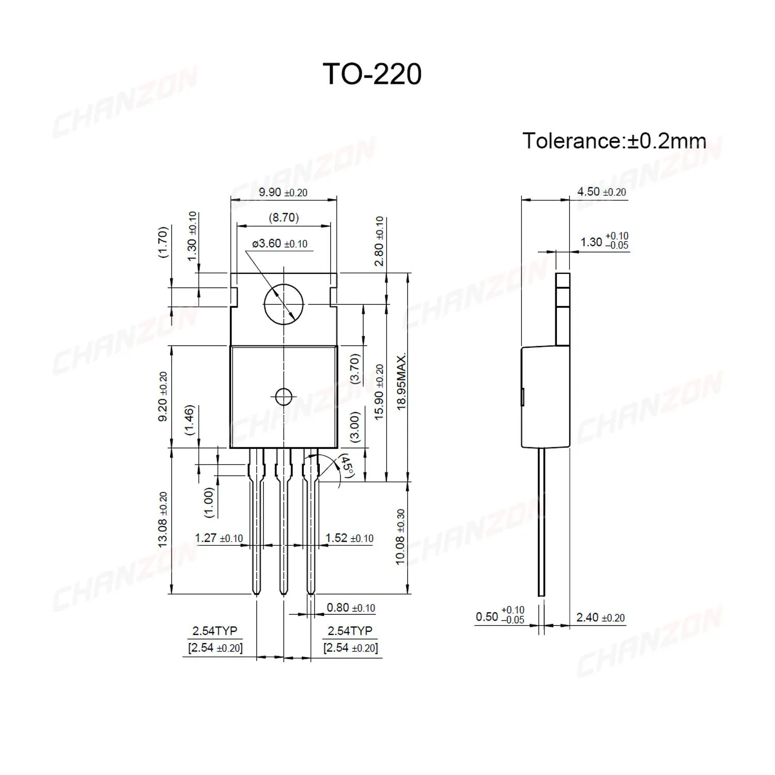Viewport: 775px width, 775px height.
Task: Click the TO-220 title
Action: (372, 74)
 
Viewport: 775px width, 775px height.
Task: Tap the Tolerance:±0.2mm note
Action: (614, 141)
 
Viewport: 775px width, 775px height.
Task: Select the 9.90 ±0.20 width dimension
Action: (283, 192)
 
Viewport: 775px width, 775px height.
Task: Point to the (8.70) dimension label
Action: (284, 218)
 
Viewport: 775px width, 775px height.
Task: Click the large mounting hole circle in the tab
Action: (283, 304)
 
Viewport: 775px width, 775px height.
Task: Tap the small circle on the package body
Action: (283, 397)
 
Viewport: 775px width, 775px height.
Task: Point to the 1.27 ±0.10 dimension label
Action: (219, 538)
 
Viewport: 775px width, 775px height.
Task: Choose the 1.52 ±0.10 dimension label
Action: (349, 538)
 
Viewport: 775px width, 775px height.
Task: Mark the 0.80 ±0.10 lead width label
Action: (351, 608)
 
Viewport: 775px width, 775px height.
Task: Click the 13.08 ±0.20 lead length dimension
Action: (163, 519)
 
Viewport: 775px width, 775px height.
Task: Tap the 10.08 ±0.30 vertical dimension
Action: (400, 537)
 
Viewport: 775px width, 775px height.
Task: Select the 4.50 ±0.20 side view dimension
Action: (601, 192)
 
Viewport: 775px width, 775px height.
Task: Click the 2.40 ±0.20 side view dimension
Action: (600, 617)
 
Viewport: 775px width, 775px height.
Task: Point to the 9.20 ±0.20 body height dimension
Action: (163, 396)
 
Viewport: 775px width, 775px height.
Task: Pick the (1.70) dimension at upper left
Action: (163, 242)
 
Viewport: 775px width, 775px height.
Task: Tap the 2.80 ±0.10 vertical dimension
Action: (379, 241)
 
